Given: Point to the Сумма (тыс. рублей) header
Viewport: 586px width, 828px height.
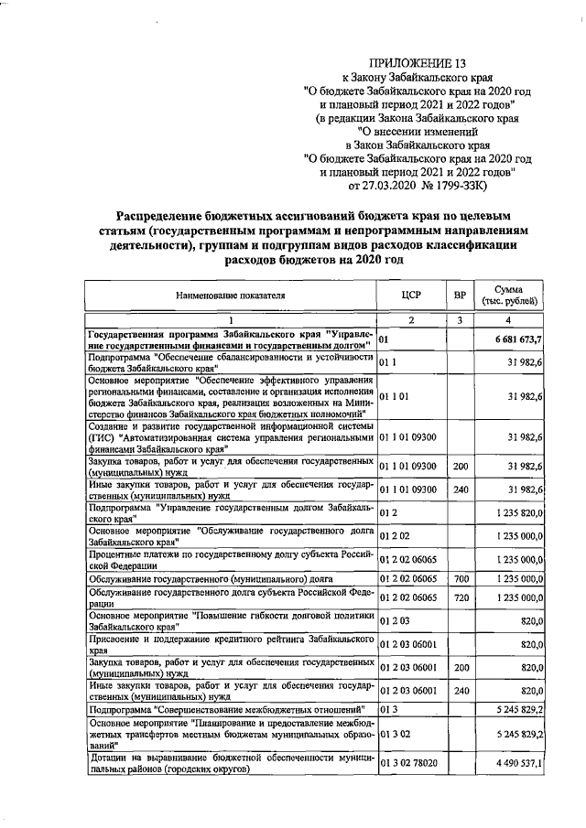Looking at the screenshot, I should coord(514,296).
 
